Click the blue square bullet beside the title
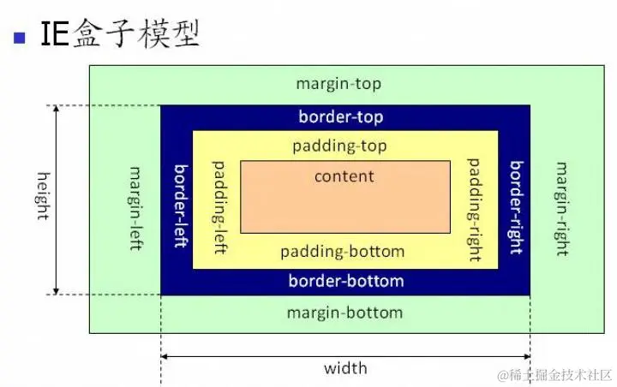[x=19, y=38]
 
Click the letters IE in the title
[x=55, y=34]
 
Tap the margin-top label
[x=338, y=84]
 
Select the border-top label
[x=341, y=116]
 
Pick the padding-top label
[x=339, y=146]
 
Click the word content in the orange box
[x=344, y=176]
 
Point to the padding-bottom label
[x=342, y=252]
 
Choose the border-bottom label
[x=346, y=281]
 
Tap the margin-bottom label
[x=345, y=313]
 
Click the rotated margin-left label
[x=135, y=208]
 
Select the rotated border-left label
[x=181, y=205]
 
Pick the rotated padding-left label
[x=220, y=207]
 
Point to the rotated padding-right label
[x=474, y=210]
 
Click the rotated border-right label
[x=516, y=207]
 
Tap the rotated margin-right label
[x=562, y=209]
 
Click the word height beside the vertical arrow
[x=43, y=196]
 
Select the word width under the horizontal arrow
[x=345, y=368]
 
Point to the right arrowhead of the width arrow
[x=527, y=357]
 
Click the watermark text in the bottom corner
[x=555, y=375]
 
